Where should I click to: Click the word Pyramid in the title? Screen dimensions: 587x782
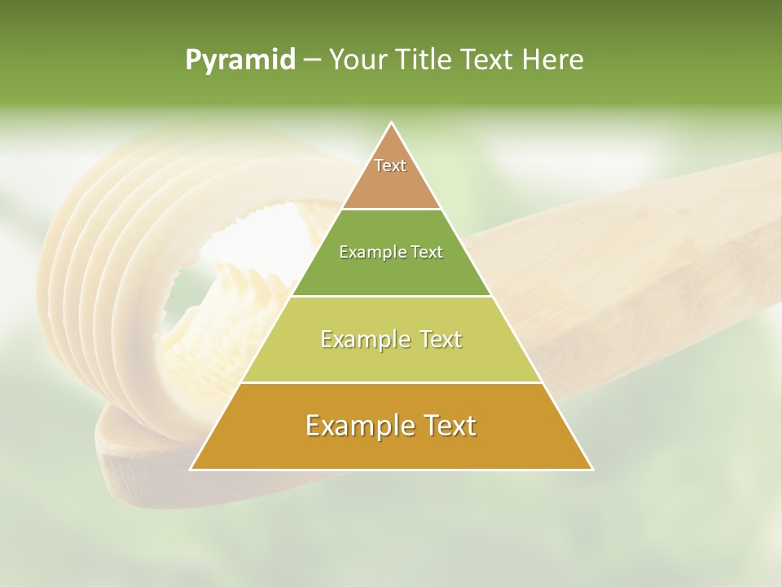tap(239, 60)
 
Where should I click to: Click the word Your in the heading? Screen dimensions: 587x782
tap(358, 60)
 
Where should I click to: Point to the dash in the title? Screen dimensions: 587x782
tap(312, 60)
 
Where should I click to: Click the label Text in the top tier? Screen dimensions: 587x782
tap(390, 166)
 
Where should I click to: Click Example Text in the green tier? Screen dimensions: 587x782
tap(391, 252)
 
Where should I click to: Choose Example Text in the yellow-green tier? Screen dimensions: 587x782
tap(391, 339)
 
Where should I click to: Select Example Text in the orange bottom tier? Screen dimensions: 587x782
tap(391, 426)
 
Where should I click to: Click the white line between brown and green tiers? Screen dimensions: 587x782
tap(391, 210)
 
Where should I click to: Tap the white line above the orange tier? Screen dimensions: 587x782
tap(391, 382)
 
